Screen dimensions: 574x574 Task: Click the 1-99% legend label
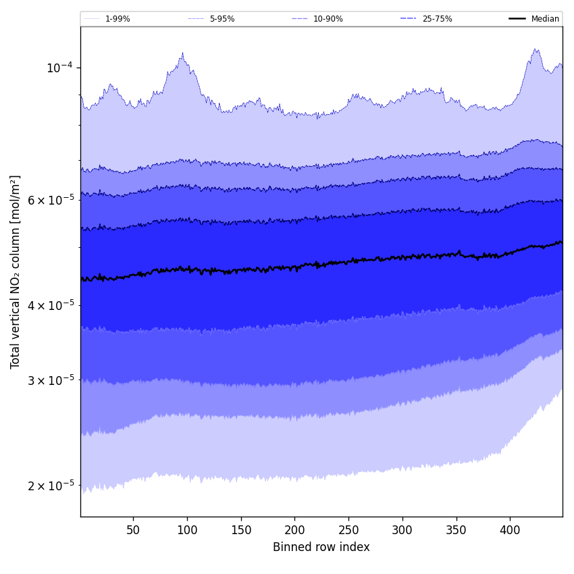click(118, 19)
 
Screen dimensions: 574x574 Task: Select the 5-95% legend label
click(222, 19)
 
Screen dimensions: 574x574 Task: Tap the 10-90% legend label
click(328, 19)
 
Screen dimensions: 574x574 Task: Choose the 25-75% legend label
click(437, 19)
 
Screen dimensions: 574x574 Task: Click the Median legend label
click(545, 19)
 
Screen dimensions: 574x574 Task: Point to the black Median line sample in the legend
click(517, 19)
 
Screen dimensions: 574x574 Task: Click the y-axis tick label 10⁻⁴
click(59, 68)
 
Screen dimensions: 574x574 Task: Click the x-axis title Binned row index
click(321, 547)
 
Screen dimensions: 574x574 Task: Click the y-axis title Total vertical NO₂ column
click(16, 271)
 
